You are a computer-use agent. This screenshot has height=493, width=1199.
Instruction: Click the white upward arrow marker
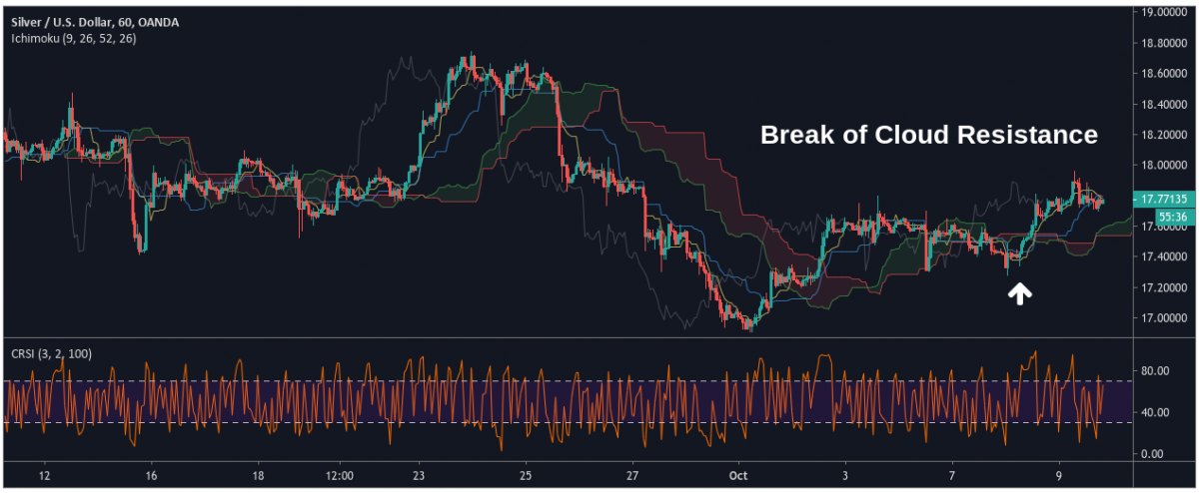click(x=1019, y=292)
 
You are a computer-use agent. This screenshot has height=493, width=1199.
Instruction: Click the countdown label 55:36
click(x=1171, y=216)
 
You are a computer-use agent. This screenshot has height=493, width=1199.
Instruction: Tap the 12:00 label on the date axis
click(x=340, y=476)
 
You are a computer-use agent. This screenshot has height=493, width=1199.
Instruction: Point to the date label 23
click(x=419, y=476)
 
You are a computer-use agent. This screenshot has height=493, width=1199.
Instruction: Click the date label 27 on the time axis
click(x=632, y=476)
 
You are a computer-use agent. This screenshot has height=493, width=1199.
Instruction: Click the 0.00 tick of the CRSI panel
click(x=1150, y=454)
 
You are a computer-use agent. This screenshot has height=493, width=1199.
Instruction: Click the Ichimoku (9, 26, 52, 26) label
click(x=73, y=38)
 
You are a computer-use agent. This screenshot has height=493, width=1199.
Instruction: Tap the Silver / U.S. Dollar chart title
click(x=59, y=21)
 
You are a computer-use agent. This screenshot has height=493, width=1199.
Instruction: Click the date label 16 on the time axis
click(x=151, y=476)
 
